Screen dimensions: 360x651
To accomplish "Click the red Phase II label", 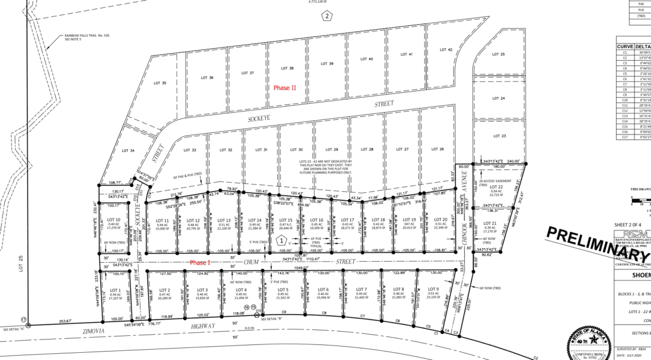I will (x=285, y=87).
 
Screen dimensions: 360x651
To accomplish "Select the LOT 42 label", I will (x=445, y=49).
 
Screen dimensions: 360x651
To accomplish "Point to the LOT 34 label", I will (x=128, y=150).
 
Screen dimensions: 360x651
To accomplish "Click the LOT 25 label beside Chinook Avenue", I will (x=499, y=54).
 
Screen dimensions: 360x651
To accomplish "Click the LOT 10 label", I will (x=114, y=219).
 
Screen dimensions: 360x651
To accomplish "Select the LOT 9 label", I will (x=433, y=290).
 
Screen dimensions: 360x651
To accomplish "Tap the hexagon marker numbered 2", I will (x=327, y=16).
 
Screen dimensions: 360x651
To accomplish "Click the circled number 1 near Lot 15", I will (x=280, y=240).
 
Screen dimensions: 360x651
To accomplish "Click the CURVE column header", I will (x=625, y=46).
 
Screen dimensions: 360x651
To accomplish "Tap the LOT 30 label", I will (x=297, y=150).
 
